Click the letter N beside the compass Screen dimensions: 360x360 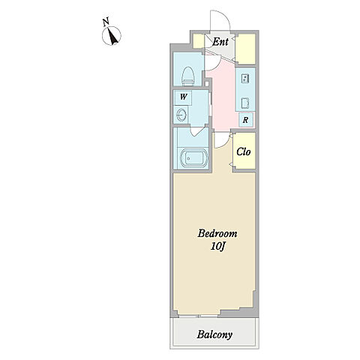pyautogui.click(x=106, y=21)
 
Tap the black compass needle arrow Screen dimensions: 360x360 pyautogui.click(x=113, y=37)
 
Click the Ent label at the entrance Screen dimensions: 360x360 pyautogui.click(x=220, y=42)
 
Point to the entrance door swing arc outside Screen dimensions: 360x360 pyautogui.click(x=220, y=20)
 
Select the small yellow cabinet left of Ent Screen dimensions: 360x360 pyautogui.click(x=199, y=40)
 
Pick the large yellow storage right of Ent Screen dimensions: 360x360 pyautogui.click(x=245, y=49)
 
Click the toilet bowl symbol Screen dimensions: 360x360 pyautogui.click(x=188, y=76)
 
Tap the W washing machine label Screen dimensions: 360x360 pyautogui.click(x=184, y=97)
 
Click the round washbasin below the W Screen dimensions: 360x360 pyautogui.click(x=181, y=115)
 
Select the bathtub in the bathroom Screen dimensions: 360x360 pyautogui.click(x=193, y=158)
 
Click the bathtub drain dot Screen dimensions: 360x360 pyautogui.click(x=189, y=158)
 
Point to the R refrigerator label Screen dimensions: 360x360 pyautogui.click(x=246, y=120)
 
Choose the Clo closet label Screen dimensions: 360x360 pyautogui.click(x=244, y=151)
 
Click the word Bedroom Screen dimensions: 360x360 pyautogui.click(x=217, y=234)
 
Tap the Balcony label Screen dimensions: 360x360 pyautogui.click(x=214, y=334)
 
